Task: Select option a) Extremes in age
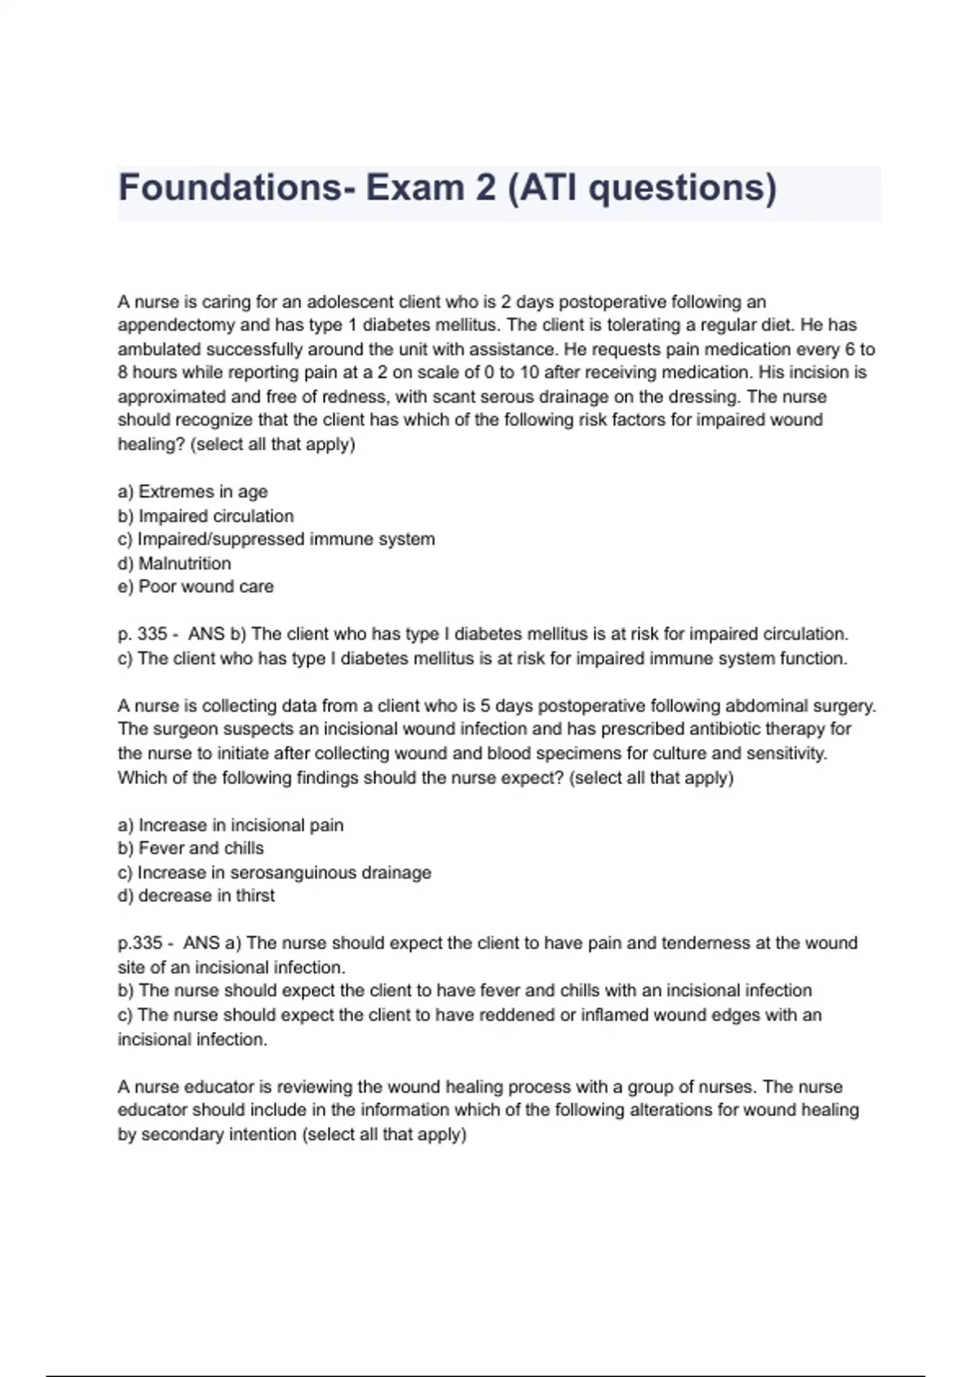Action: (193, 492)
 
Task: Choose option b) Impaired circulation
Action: (206, 516)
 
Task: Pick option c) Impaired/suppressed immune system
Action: (276, 539)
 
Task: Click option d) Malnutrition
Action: (174, 563)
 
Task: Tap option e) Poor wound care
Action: (196, 586)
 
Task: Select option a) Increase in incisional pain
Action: (231, 825)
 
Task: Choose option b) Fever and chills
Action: (191, 849)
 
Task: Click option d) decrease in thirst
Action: (196, 896)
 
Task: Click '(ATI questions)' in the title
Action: (642, 188)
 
